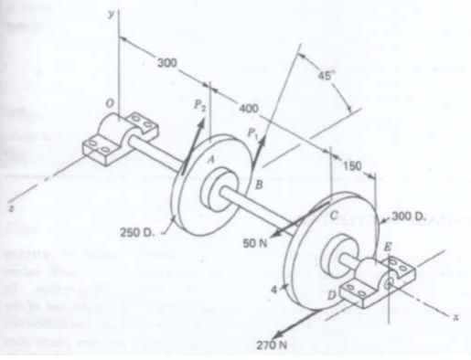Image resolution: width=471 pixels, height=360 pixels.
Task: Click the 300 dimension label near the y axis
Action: click(x=166, y=62)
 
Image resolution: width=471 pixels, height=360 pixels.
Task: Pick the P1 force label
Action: click(x=252, y=133)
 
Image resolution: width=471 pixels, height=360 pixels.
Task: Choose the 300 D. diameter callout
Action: click(x=407, y=217)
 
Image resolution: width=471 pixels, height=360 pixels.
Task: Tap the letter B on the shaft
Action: click(x=258, y=185)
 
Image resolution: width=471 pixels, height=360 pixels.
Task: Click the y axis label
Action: click(x=111, y=14)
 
